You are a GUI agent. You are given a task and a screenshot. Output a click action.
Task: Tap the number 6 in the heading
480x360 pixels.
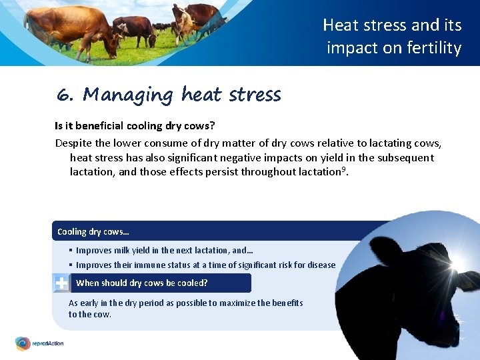tap(65, 95)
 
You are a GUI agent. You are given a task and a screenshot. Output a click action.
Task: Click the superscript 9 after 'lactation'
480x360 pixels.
tap(344, 170)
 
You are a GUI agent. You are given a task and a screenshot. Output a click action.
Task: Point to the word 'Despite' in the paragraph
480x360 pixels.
tap(73, 143)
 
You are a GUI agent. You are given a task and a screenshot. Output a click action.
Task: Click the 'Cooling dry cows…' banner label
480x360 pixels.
tap(93, 232)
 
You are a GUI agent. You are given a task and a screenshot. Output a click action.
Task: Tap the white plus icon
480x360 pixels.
tap(61, 283)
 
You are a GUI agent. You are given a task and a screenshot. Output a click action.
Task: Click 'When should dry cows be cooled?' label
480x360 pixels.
tap(142, 283)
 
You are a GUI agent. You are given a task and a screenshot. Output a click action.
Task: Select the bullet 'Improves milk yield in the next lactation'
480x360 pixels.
tap(163, 251)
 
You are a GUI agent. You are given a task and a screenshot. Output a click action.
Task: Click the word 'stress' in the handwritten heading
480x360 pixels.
tap(255, 95)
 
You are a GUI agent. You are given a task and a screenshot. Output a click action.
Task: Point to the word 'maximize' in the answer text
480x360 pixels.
tap(227, 303)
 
